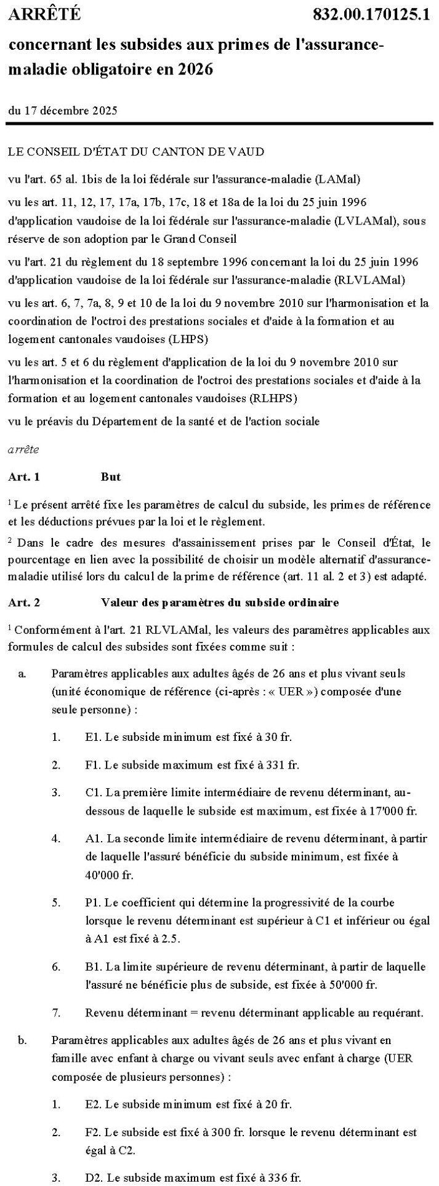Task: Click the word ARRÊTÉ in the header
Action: coord(44,15)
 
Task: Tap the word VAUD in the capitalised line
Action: coord(246,151)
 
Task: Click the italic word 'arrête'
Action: coord(23,449)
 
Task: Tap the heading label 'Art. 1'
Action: coord(24,476)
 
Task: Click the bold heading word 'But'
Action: coord(111,476)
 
